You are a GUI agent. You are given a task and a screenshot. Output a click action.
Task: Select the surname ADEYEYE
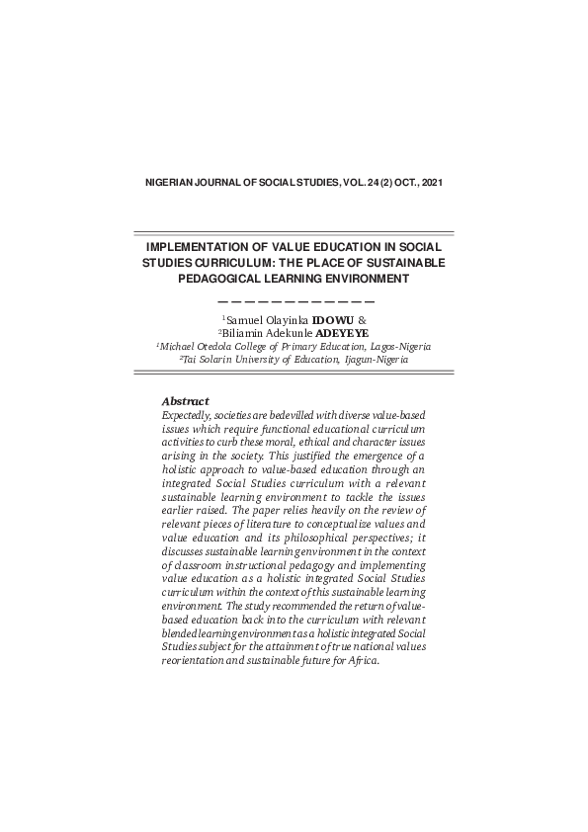[x=340, y=334]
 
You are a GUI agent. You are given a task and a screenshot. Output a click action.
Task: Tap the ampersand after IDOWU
[x=362, y=321]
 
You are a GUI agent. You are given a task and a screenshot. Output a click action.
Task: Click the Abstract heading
[x=185, y=401]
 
